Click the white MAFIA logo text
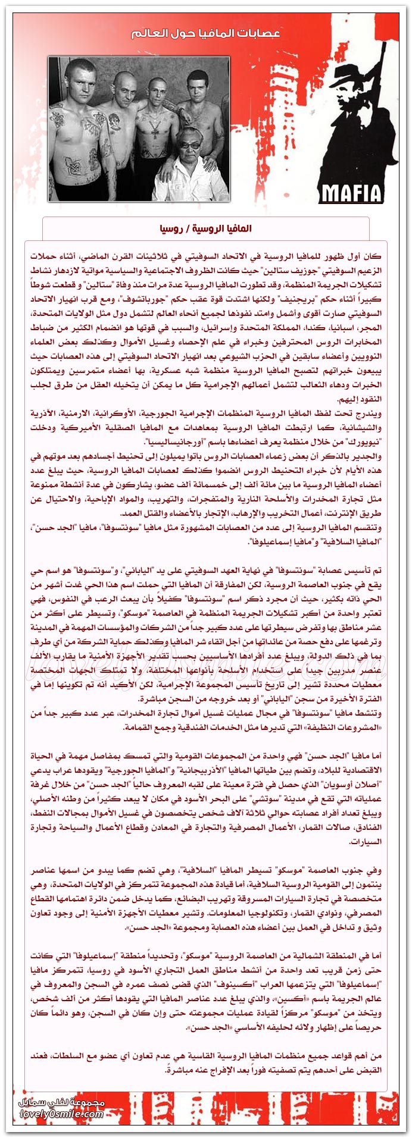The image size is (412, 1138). pos(351,193)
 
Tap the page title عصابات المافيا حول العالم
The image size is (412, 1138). pos(205,33)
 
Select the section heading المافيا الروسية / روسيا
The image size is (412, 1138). pos(205,228)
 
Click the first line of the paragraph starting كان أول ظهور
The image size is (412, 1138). pos(205,256)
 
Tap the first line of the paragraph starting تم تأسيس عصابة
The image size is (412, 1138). pos(205,570)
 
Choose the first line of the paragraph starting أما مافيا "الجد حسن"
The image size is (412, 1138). pos(205,756)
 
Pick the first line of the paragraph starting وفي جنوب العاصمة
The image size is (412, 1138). pos(205,870)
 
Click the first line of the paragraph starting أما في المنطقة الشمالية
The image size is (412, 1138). pos(205,956)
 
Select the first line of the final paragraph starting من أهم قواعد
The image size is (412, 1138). pos(205,1056)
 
